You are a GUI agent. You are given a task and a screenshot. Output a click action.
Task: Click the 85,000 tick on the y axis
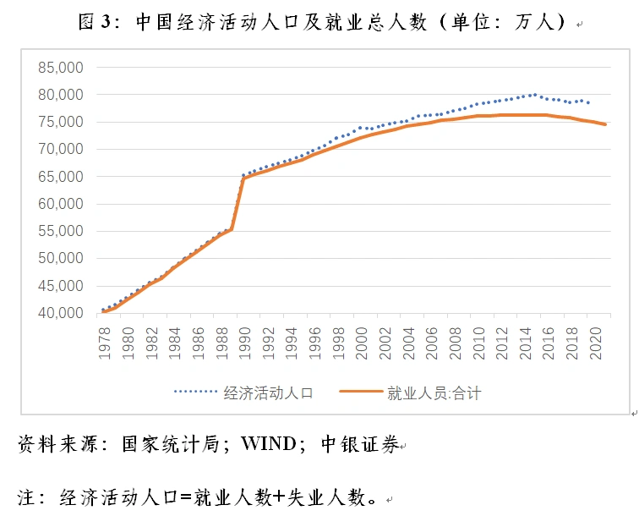(60, 67)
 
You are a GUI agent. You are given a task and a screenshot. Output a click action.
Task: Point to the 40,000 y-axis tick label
(60, 313)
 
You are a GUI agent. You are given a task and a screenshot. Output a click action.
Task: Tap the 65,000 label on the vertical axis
(60, 176)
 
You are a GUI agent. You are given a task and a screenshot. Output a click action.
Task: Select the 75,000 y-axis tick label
(60, 122)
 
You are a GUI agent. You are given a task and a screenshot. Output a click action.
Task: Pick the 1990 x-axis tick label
(244, 343)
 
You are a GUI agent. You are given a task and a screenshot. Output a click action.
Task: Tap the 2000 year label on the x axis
(361, 343)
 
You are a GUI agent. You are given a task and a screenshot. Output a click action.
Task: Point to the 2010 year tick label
(478, 343)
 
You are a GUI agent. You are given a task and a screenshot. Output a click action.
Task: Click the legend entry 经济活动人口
(269, 392)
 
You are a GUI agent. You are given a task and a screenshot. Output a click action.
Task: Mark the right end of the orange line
(605, 124)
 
